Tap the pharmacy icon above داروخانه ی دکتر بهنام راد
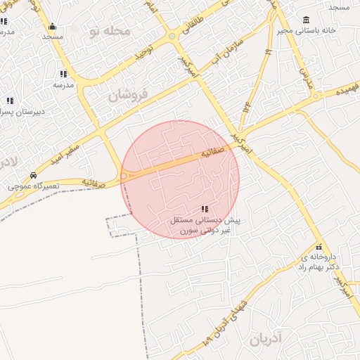pyautogui.click(x=320, y=247)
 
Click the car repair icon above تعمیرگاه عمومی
pyautogui.click(x=33, y=175)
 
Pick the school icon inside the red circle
pyautogui.click(x=205, y=209)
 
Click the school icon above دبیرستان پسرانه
pyautogui.click(x=9, y=100)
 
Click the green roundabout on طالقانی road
pyautogui.click(x=172, y=36)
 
